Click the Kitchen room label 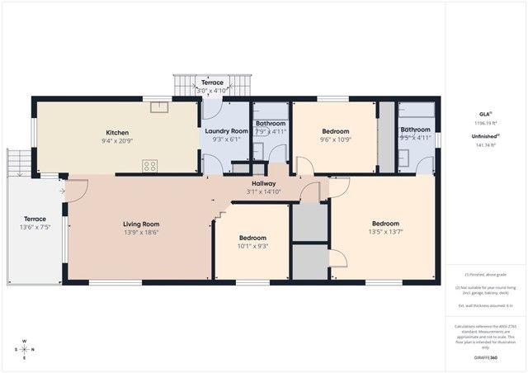point(117,132)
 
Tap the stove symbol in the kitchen point(150,166)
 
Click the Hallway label point(263,183)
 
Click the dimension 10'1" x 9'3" point(252,245)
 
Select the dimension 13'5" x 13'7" point(385,232)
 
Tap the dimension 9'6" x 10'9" point(335,140)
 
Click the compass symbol point(24,348)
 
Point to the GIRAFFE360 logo point(486,357)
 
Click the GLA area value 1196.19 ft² point(485,122)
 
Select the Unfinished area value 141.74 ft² point(485,145)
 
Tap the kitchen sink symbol point(155,105)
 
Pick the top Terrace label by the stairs point(212,83)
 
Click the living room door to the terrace point(76,191)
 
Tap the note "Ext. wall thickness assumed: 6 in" point(486,305)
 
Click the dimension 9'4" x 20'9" point(117,141)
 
